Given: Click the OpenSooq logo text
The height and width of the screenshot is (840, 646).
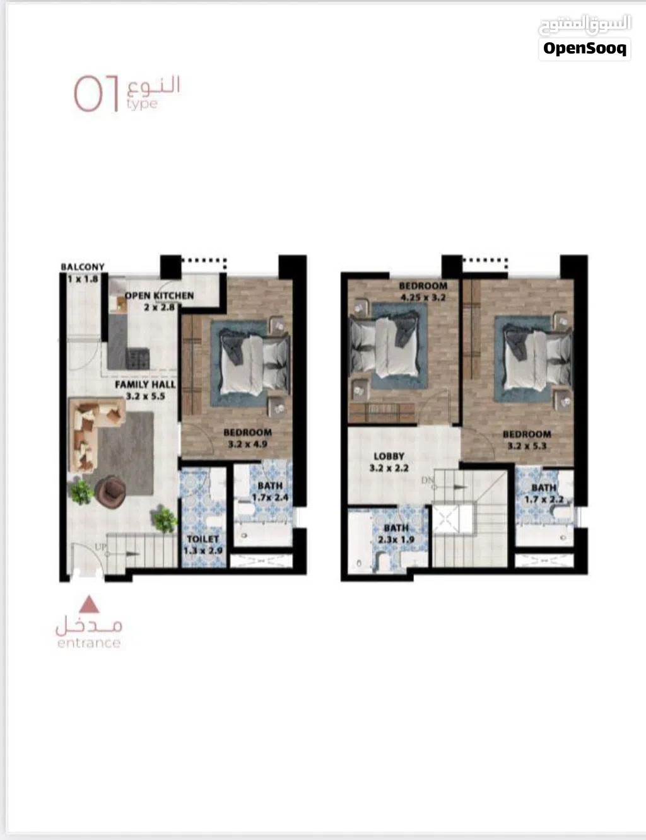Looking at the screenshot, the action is point(585,49).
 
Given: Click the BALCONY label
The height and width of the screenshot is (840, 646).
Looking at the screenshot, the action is point(83,267).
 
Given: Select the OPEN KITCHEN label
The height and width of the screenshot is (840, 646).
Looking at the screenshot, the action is point(159,296).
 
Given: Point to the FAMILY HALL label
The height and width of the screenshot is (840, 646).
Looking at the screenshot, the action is point(145,385).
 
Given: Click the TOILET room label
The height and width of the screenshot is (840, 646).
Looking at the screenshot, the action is point(203,539).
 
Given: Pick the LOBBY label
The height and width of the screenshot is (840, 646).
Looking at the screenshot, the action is point(389,456).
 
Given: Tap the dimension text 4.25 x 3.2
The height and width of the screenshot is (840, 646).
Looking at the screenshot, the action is point(423,298).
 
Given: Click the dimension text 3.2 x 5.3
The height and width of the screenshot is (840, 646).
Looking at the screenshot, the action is point(527,446).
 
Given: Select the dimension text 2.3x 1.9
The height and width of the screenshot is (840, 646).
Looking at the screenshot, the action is point(396,540).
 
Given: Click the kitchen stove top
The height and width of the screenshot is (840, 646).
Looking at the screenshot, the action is point(138,358).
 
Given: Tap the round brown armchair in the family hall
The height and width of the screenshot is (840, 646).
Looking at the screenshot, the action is point(110,491).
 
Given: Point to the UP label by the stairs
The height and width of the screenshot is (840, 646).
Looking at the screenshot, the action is point(100,547).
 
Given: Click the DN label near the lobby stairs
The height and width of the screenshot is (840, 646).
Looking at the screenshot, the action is point(428,481).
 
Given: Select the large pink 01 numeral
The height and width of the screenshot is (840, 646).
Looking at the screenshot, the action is point(96,94).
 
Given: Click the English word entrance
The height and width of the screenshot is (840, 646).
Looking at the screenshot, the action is point(89,643).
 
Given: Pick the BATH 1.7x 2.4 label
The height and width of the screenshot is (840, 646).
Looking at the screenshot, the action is point(270,491).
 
